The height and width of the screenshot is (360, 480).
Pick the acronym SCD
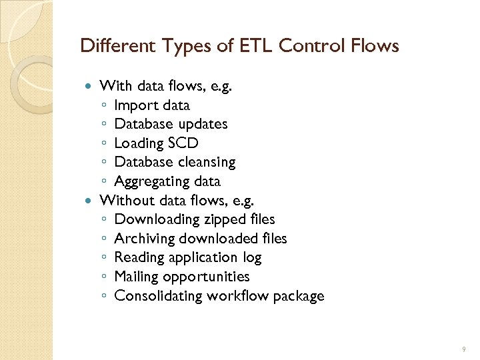(x=183, y=143)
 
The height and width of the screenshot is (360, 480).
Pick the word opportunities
(x=209, y=277)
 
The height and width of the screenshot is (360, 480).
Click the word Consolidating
(x=157, y=295)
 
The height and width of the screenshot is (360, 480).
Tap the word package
(x=297, y=296)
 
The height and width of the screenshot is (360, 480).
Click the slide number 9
(x=464, y=348)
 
